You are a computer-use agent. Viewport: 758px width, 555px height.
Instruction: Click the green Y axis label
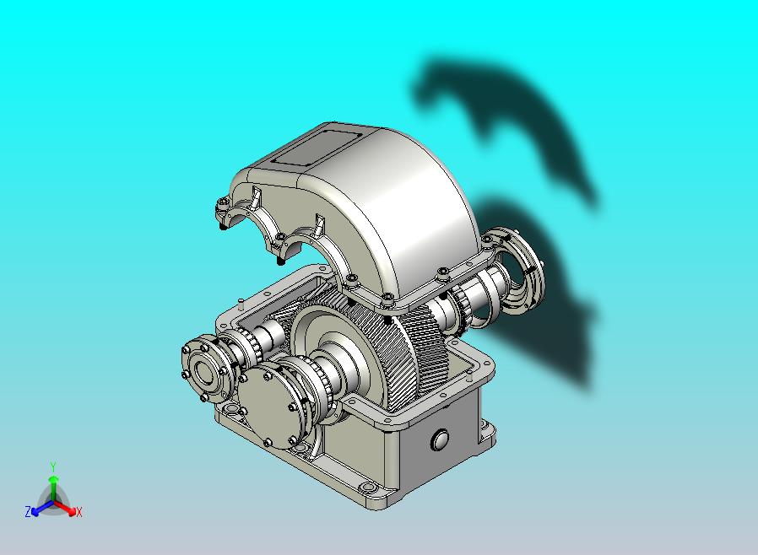tap(53, 466)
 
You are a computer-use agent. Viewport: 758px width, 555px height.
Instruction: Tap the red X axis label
tap(79, 512)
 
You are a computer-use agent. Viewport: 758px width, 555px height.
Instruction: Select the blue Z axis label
tap(28, 511)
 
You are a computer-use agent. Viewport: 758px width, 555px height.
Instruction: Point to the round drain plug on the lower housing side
tap(440, 439)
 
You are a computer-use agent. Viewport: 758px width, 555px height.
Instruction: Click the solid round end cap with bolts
tap(268, 407)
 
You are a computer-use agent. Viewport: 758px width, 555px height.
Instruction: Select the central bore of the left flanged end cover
tap(205, 371)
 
